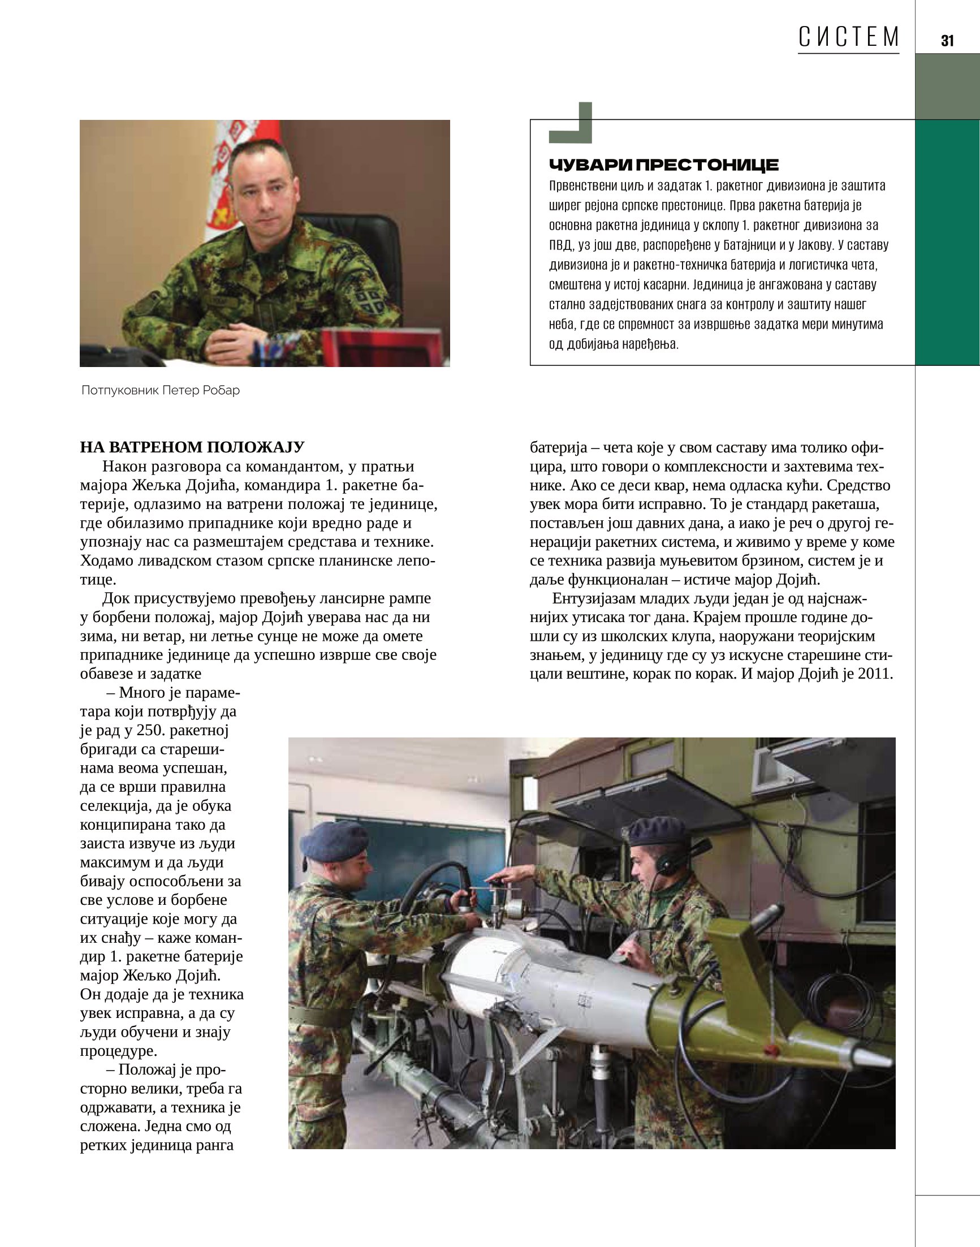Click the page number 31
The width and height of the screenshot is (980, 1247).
tap(947, 41)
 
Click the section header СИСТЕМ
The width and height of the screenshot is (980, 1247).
tap(848, 37)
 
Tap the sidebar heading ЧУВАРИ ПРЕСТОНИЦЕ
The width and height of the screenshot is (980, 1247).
tap(664, 165)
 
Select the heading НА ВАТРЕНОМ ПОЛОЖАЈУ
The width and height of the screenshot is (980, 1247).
tap(192, 447)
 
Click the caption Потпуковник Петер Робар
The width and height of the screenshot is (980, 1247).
tap(161, 391)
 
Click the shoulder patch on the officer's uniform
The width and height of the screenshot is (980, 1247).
tap(368, 302)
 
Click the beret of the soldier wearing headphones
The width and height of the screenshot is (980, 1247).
tap(657, 830)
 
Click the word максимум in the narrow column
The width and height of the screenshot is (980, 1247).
tap(119, 862)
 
